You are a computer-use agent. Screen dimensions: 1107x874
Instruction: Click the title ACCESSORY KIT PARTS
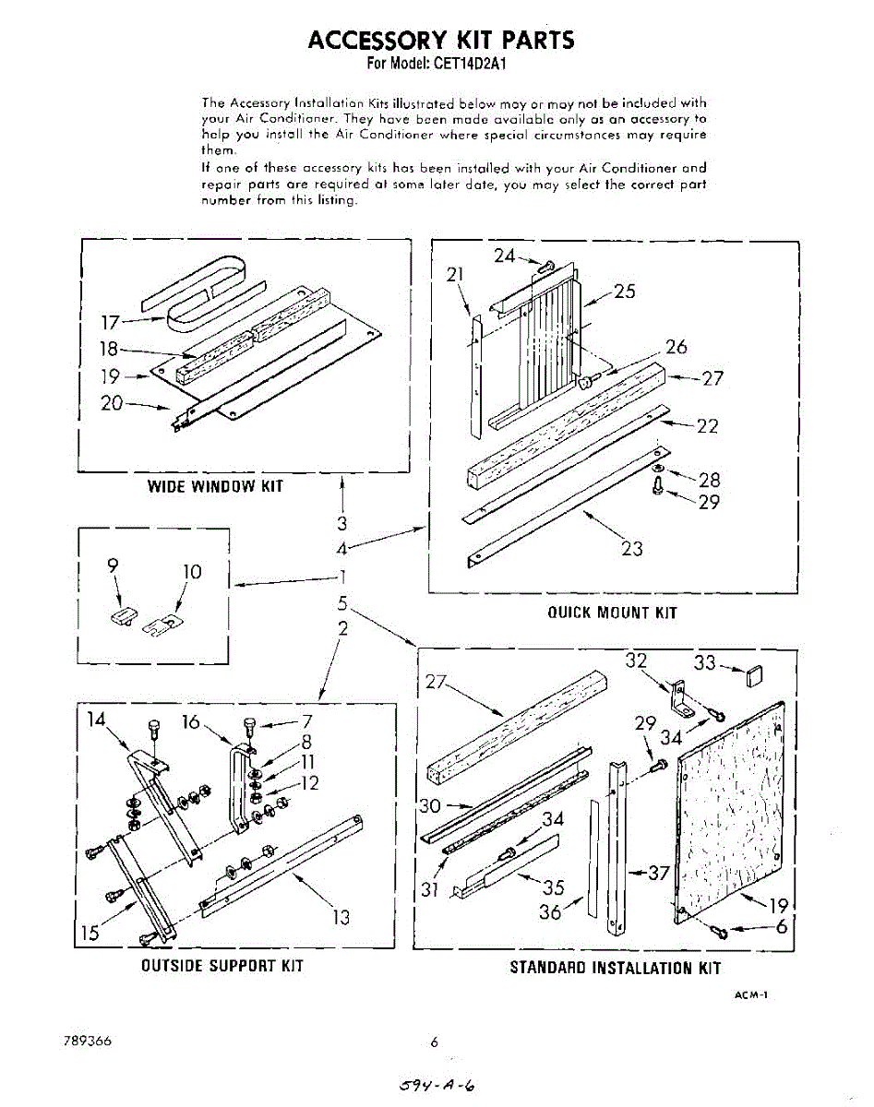tap(440, 41)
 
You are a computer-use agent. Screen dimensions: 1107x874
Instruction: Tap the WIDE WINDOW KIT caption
tap(215, 486)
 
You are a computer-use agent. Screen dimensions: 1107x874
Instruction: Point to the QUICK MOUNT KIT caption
tap(612, 613)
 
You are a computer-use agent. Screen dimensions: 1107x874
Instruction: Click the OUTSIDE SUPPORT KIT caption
tap(221, 966)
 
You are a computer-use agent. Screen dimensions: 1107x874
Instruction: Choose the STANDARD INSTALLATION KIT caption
tap(615, 968)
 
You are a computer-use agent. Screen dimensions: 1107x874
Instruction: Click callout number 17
tap(111, 323)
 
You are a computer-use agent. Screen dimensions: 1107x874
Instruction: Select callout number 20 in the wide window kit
tap(111, 403)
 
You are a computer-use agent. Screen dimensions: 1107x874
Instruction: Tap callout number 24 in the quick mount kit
tap(504, 256)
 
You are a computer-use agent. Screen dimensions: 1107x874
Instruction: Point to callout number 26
tap(676, 347)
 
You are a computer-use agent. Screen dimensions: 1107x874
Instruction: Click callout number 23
tap(631, 549)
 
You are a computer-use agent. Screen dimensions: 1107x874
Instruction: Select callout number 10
tap(191, 572)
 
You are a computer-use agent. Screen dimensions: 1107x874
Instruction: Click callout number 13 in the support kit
tap(341, 917)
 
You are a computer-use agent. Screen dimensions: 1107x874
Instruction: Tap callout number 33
tap(705, 662)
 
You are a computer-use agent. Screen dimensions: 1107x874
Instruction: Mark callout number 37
tap(658, 873)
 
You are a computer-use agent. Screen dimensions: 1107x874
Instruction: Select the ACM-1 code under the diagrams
tap(751, 995)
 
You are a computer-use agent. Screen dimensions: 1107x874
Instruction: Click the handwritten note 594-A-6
tap(438, 1085)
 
